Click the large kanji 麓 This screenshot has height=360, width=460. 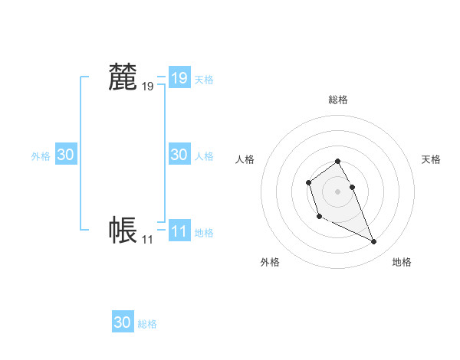(x=123, y=77)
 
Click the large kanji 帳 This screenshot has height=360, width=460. (x=123, y=230)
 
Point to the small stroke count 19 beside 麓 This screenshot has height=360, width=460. (x=147, y=87)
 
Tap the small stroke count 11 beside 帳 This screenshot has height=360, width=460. (x=147, y=240)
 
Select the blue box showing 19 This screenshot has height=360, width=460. (x=179, y=77)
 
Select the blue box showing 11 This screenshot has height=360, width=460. (x=179, y=231)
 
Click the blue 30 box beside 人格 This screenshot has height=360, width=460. (x=179, y=155)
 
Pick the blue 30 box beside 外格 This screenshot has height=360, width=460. (x=66, y=155)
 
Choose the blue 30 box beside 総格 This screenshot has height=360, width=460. (x=123, y=322)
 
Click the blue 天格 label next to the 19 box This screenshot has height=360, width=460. (x=204, y=79)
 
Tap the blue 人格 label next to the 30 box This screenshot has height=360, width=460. (x=204, y=156)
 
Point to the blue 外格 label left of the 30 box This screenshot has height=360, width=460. (x=41, y=156)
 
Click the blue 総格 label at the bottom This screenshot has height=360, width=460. (x=147, y=324)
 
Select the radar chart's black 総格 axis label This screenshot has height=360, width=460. (x=338, y=100)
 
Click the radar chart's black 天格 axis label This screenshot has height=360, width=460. (x=432, y=159)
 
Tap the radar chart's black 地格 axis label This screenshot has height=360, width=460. (x=402, y=262)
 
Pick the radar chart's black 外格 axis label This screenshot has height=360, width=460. (x=270, y=262)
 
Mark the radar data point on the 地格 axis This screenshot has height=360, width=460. (x=374, y=242)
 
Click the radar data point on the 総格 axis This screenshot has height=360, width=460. (x=338, y=161)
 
